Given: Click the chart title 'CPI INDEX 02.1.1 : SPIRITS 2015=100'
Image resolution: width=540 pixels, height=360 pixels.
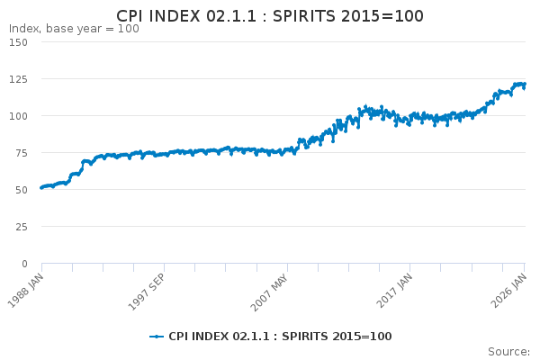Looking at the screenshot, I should point(270,16).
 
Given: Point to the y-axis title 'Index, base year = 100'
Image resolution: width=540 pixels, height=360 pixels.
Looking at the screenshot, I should point(74,29).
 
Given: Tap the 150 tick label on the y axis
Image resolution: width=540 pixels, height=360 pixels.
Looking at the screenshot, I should point(19,42).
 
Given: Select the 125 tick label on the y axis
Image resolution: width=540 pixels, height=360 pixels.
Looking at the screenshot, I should point(19,79).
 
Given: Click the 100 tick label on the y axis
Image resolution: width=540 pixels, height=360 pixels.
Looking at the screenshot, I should point(19,116).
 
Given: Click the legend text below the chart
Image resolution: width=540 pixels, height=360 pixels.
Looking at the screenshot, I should point(280,337).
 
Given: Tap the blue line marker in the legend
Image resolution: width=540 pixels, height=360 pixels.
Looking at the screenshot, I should point(157,337).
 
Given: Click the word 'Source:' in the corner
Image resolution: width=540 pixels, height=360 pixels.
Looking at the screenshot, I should point(508,351).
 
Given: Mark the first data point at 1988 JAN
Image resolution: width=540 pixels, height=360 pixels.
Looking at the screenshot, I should point(41,188).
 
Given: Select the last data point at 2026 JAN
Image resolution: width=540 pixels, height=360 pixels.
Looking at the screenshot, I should point(525,85).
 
